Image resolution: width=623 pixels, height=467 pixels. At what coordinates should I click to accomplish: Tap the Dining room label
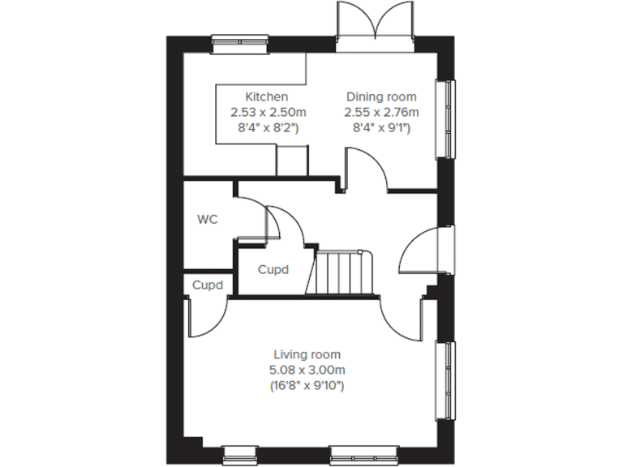click(381, 96)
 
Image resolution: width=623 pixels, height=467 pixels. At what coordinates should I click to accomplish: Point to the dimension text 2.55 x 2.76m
click(381, 112)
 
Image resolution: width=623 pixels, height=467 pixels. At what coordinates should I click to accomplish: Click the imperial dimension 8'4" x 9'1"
click(381, 127)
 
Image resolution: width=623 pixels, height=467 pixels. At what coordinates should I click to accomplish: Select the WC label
click(207, 219)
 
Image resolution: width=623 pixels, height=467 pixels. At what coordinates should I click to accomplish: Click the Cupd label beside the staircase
click(273, 270)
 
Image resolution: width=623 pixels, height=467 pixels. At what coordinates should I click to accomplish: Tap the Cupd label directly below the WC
click(206, 285)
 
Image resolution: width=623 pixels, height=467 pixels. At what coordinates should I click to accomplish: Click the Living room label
click(307, 354)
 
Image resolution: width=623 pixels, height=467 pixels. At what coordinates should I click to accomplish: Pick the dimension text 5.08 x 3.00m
click(307, 370)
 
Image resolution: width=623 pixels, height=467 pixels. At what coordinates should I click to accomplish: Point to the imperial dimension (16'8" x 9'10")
click(307, 386)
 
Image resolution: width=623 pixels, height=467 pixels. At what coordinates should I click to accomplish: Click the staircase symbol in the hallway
click(342, 273)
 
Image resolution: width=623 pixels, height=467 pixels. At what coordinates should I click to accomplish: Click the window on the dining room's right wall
click(445, 118)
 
